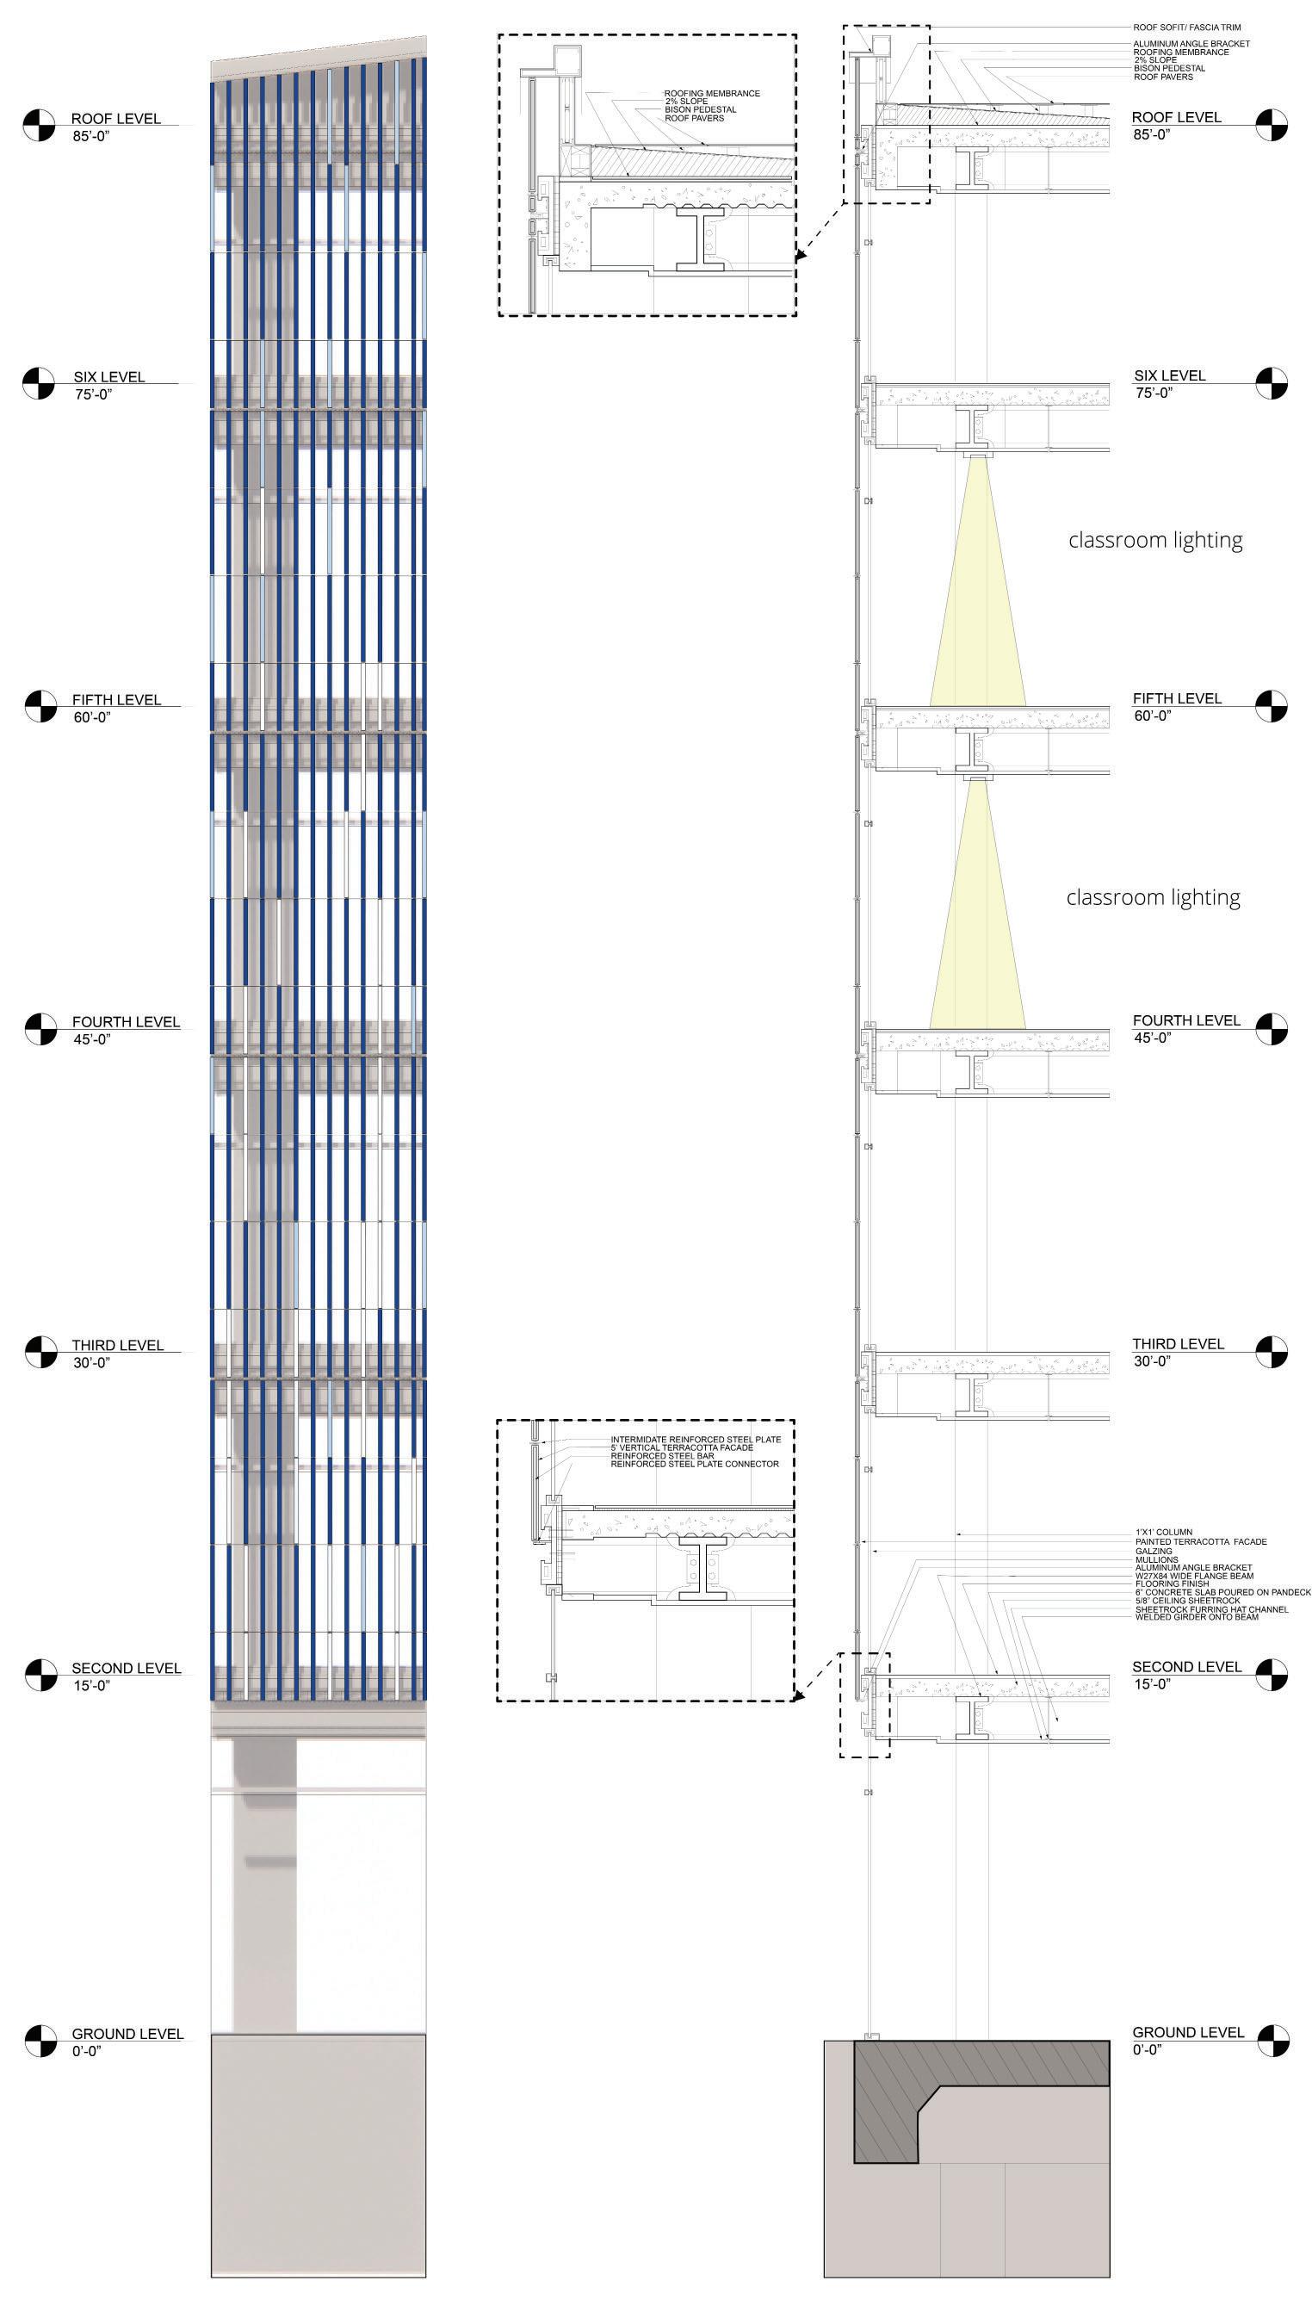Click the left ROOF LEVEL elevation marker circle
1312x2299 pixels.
coord(40,125)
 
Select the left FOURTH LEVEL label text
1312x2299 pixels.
coord(127,1022)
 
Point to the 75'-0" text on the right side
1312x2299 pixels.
coord(1154,393)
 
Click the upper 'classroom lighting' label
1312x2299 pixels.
coord(1155,540)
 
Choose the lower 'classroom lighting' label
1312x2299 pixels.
coord(1154,896)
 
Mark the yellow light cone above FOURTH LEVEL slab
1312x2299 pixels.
coord(978,928)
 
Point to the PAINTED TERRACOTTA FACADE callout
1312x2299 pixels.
coord(1200,1542)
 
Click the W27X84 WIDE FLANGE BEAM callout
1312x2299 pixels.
coord(1194,1577)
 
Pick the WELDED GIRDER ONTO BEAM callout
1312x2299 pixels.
coord(1197,1617)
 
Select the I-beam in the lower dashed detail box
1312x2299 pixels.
coord(702,1571)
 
